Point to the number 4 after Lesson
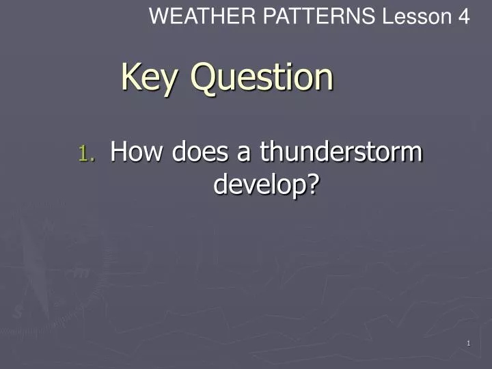(463, 16)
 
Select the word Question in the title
(262, 78)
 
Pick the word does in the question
(202, 152)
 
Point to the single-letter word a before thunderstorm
(245, 153)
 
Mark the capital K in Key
(130, 77)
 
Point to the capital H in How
(120, 151)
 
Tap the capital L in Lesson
(387, 16)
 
